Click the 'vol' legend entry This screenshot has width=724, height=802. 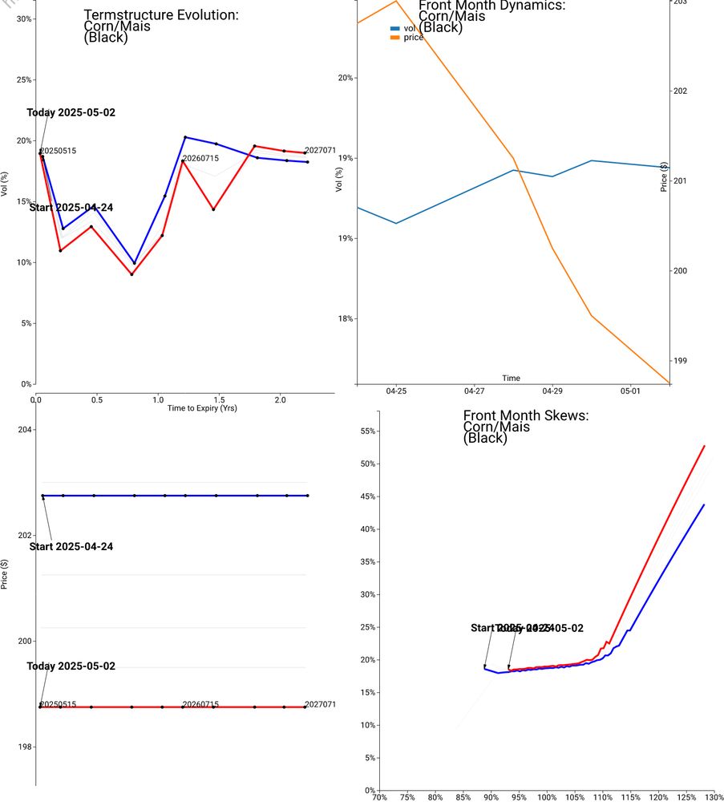pos(409,28)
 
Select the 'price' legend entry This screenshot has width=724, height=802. pos(413,38)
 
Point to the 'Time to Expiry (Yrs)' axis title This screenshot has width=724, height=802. pos(202,408)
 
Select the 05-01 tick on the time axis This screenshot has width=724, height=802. pos(630,391)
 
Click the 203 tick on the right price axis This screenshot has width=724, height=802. pos(680,2)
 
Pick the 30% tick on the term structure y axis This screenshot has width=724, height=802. pos(23,18)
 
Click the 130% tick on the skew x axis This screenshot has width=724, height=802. pos(714,797)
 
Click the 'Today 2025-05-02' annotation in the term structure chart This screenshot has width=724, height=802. pos(71,112)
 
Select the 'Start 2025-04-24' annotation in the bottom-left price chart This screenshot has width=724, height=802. pos(71,547)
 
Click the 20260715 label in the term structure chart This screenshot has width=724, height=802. pos(200,159)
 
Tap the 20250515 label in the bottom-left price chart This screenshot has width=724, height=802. pos(59,704)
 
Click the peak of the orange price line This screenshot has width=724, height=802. pos(395,1)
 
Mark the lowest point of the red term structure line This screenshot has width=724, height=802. pos(131,274)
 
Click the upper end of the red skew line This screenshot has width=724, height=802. pos(704,446)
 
